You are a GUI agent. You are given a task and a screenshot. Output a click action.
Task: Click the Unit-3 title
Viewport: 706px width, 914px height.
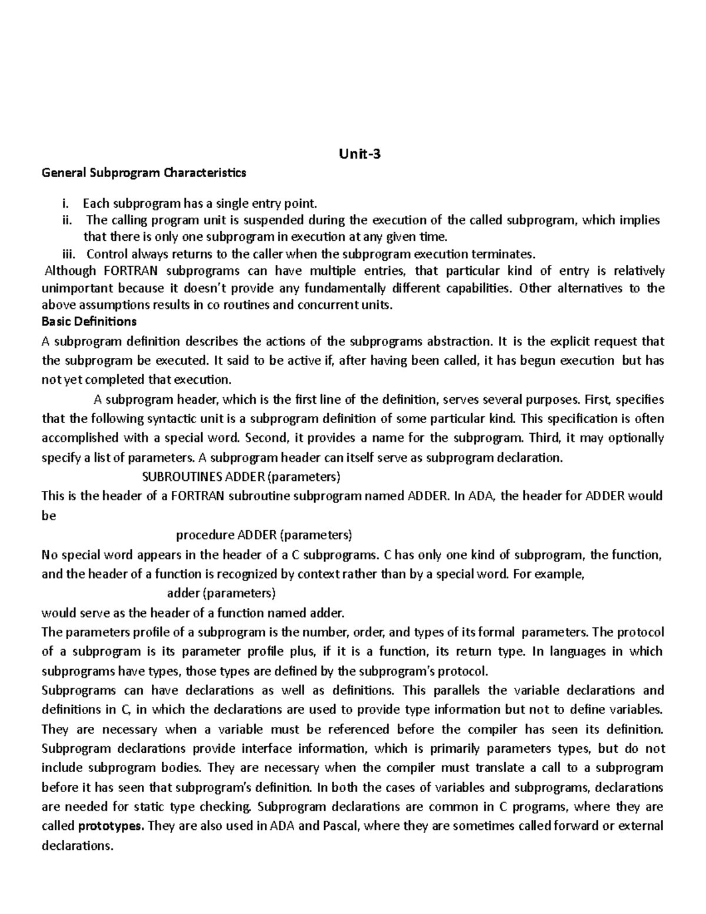tap(359, 155)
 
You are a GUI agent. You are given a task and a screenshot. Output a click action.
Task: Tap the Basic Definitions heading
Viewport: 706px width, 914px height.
tap(89, 321)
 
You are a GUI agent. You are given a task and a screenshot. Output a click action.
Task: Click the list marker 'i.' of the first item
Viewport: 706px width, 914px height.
tap(66, 204)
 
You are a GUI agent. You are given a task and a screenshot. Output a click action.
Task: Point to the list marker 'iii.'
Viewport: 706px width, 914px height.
tap(69, 254)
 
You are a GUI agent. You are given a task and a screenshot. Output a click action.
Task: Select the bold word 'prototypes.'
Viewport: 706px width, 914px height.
tap(111, 826)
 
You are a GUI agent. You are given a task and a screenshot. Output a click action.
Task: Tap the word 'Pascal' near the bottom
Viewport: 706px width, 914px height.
tap(341, 826)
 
